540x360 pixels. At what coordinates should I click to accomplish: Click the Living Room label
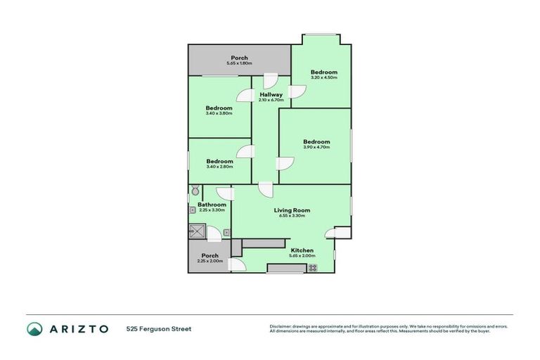(x=292, y=210)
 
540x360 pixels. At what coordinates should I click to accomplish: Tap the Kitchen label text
(x=302, y=250)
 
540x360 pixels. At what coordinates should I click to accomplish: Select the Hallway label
(x=271, y=94)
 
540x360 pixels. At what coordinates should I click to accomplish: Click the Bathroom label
(x=212, y=205)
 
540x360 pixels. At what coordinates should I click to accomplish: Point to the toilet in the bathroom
(x=195, y=191)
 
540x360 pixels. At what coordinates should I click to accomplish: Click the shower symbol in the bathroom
(x=196, y=231)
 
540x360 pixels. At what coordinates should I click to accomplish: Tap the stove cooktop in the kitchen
(x=312, y=267)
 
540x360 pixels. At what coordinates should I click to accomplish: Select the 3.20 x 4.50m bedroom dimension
(x=324, y=77)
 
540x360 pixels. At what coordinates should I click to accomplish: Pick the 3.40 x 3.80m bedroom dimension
(x=219, y=113)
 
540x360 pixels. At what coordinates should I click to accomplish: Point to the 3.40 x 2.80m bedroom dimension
(x=219, y=167)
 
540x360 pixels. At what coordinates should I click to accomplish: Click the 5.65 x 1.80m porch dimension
(x=240, y=64)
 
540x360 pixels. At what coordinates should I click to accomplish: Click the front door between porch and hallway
(x=270, y=81)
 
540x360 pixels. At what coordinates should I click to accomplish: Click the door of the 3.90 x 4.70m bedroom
(x=285, y=163)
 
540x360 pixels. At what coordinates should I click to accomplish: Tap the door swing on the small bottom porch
(x=236, y=265)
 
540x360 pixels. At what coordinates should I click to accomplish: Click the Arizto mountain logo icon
(x=34, y=328)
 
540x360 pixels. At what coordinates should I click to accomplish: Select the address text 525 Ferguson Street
(x=159, y=328)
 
